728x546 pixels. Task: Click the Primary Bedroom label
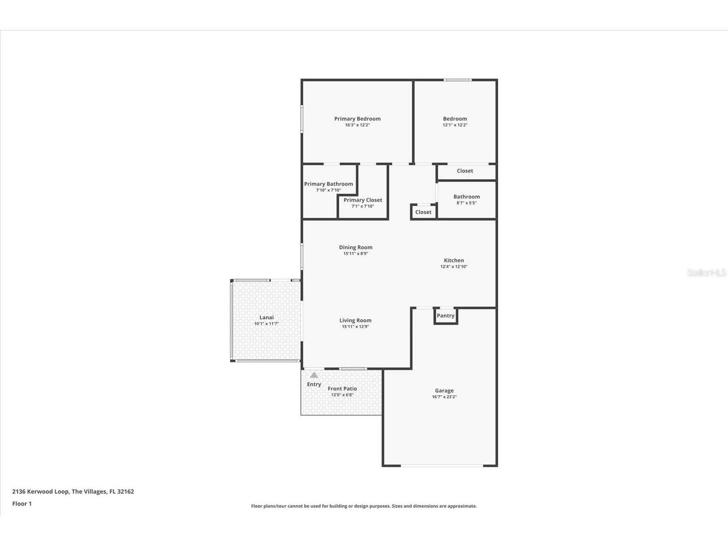point(357,119)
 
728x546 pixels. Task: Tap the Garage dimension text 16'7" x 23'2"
point(444,397)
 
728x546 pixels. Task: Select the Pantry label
point(445,316)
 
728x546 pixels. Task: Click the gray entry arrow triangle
point(314,375)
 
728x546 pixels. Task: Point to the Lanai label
point(266,318)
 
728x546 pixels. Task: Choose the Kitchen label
point(453,261)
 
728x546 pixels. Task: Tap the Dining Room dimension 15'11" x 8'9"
point(356,254)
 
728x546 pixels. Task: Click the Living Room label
point(355,321)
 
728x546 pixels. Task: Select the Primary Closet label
point(362,200)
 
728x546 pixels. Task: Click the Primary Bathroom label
point(328,184)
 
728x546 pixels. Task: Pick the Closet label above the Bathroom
point(465,171)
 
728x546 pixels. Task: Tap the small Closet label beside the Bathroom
point(423,212)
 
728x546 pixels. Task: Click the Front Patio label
point(342,389)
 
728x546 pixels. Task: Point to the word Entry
point(314,385)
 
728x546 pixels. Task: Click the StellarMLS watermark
point(706,273)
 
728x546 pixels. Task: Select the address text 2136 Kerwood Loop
point(40,491)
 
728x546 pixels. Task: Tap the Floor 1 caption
point(22,504)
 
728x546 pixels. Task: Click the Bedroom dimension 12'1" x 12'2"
point(455,125)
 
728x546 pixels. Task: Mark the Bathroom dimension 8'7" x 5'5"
point(466,203)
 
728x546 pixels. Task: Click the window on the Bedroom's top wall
point(457,80)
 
